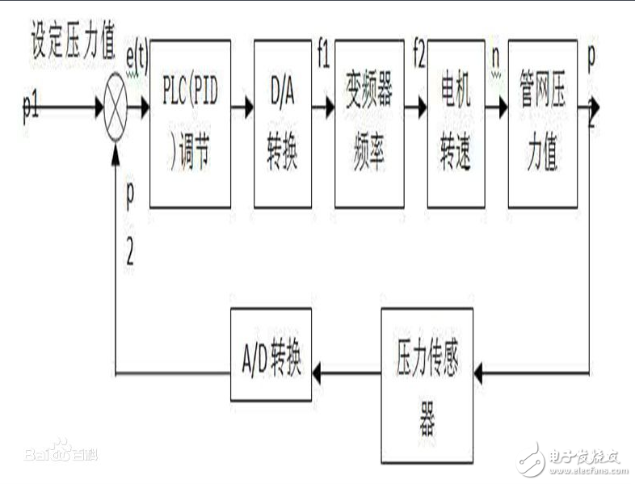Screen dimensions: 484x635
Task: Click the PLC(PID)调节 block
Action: [x=190, y=123]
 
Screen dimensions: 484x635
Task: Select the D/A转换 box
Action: [x=282, y=123]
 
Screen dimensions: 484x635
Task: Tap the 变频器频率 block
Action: [x=369, y=123]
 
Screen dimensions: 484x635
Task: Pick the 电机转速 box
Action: [x=455, y=123]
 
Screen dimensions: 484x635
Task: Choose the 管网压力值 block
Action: [x=542, y=123]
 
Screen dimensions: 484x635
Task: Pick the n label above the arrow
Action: [x=495, y=57]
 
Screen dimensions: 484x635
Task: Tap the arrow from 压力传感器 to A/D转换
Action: [x=346, y=373]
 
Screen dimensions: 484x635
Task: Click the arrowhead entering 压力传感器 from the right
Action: [x=482, y=373]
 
